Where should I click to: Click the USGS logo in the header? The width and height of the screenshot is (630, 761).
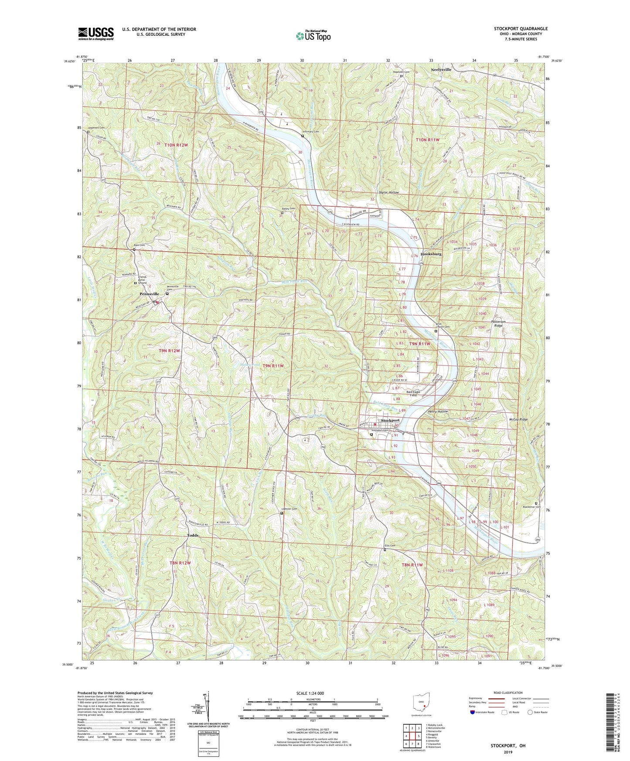point(96,34)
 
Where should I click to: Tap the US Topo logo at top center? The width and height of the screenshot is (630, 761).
point(313,36)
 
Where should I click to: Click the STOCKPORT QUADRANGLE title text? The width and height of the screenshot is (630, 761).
point(521,29)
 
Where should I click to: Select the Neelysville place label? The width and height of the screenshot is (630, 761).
point(441,70)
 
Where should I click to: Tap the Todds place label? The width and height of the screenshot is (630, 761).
point(192,535)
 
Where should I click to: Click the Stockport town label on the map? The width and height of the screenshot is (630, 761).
point(390,421)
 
